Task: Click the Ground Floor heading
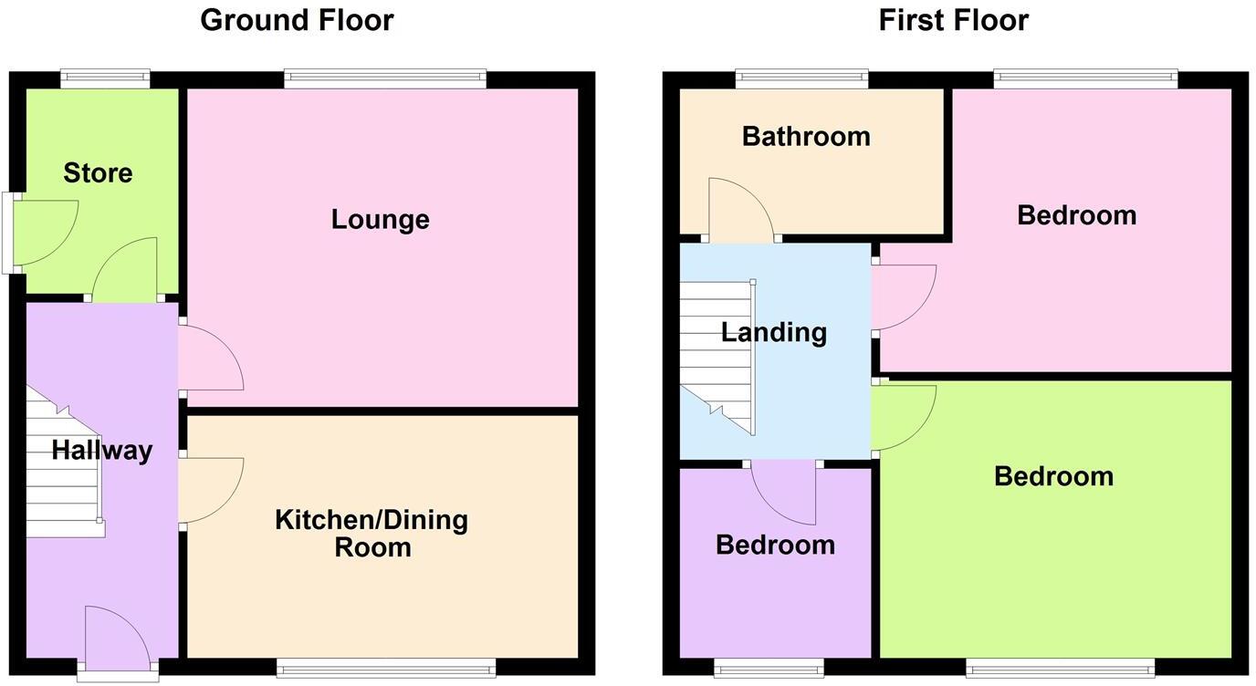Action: pyautogui.click(x=297, y=20)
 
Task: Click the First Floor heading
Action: pyautogui.click(x=953, y=20)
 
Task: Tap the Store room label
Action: pyautogui.click(x=98, y=172)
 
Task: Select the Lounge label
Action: pyautogui.click(x=380, y=219)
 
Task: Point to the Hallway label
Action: pyautogui.click(x=101, y=450)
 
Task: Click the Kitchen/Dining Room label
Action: pyautogui.click(x=372, y=534)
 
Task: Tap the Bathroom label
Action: pyautogui.click(x=806, y=137)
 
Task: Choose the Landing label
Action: pyautogui.click(x=774, y=332)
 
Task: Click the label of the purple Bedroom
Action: pyautogui.click(x=775, y=545)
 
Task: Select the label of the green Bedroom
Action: pyautogui.click(x=1053, y=476)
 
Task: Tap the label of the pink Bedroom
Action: pyautogui.click(x=1076, y=215)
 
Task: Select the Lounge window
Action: pyautogui.click(x=384, y=79)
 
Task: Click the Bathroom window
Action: pyautogui.click(x=801, y=79)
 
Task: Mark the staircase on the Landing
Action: pyautogui.click(x=719, y=356)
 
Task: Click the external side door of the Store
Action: pyautogui.click(x=41, y=233)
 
